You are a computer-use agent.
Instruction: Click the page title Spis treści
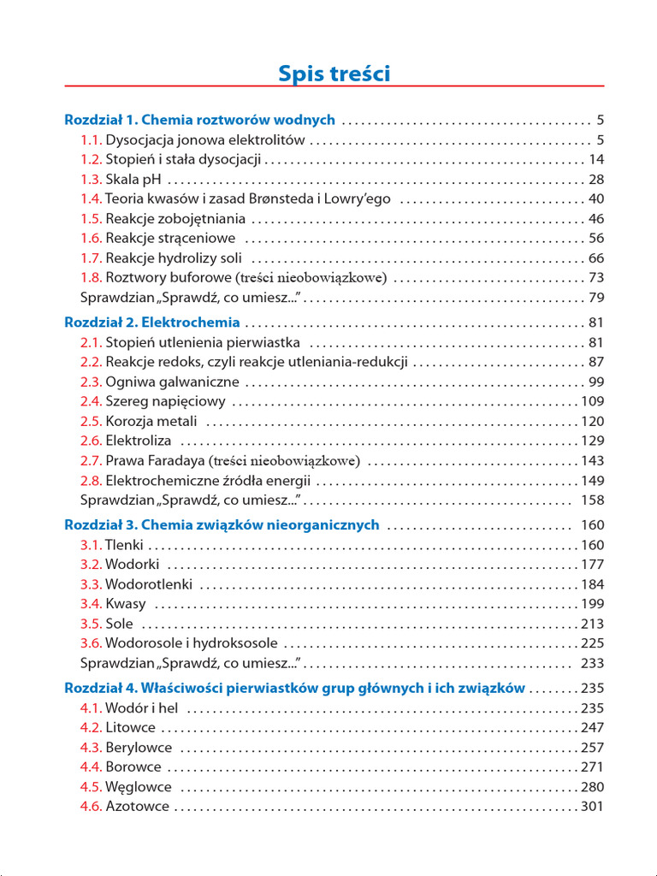pyautogui.click(x=334, y=74)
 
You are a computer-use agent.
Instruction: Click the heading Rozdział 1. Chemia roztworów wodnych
pyautogui.click(x=200, y=120)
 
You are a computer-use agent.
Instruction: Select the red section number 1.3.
pyautogui.click(x=92, y=179)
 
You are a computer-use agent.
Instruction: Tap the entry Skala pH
pyautogui.click(x=133, y=179)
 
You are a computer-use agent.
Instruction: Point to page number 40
pyautogui.click(x=596, y=198)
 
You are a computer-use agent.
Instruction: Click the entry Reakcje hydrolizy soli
pyautogui.click(x=174, y=257)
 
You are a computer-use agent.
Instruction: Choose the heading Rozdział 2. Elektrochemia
pyautogui.click(x=152, y=323)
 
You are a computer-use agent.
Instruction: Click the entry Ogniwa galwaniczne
pyautogui.click(x=172, y=382)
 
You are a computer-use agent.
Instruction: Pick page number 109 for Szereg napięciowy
pyautogui.click(x=592, y=401)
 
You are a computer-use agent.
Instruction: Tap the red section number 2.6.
pyautogui.click(x=92, y=441)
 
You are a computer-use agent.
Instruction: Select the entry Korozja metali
pyautogui.click(x=151, y=421)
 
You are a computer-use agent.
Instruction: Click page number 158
pyautogui.click(x=592, y=500)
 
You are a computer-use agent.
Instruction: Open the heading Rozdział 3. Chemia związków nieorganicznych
pyautogui.click(x=222, y=524)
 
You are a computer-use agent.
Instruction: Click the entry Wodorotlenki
pyautogui.click(x=149, y=584)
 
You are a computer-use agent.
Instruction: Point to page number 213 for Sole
pyautogui.click(x=592, y=624)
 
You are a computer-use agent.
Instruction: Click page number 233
pyautogui.click(x=592, y=663)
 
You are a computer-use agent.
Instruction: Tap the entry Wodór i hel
pyautogui.click(x=141, y=707)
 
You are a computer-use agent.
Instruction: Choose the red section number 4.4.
pyautogui.click(x=92, y=766)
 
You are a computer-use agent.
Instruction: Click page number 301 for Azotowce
pyautogui.click(x=592, y=806)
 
